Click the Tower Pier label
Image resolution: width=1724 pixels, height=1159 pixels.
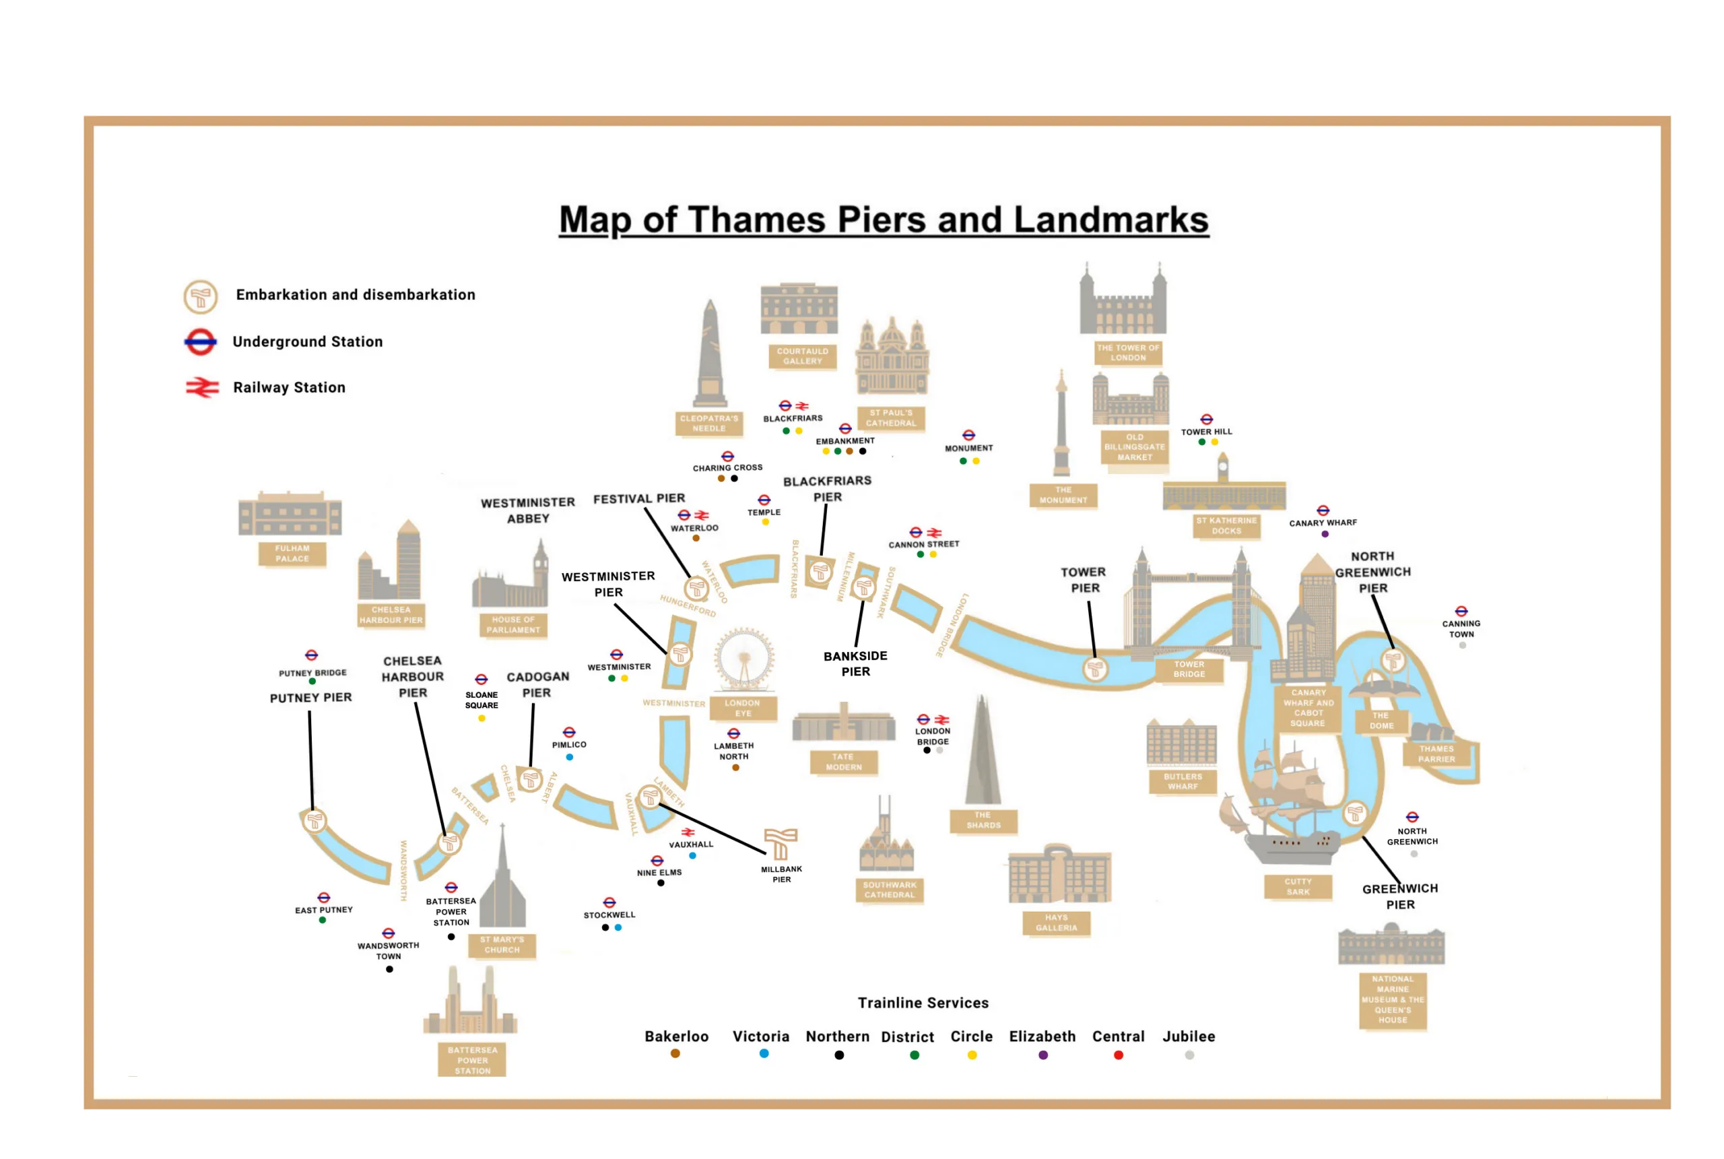click(x=1084, y=579)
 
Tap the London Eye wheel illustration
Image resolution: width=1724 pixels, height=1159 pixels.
click(x=743, y=658)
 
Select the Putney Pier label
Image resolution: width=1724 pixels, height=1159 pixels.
click(x=310, y=698)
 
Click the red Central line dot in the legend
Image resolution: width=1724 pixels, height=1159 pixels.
click(x=1118, y=1055)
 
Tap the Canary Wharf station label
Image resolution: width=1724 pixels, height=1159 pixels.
click(x=1323, y=523)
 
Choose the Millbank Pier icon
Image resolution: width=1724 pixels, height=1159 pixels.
click(x=781, y=843)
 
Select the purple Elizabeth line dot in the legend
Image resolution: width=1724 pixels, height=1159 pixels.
click(x=1042, y=1055)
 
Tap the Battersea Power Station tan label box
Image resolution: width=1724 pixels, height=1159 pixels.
click(x=472, y=1060)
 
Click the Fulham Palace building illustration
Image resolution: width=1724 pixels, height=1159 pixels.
click(x=290, y=514)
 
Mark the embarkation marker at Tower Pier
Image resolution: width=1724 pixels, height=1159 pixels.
click(x=1094, y=669)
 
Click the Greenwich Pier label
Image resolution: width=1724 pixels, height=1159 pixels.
click(x=1399, y=896)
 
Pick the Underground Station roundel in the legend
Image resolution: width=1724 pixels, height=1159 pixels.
click(x=200, y=341)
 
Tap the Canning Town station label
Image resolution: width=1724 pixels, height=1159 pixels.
click(x=1461, y=628)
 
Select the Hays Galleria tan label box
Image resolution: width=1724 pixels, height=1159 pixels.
click(x=1056, y=923)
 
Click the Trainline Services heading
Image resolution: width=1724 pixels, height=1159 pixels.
click(x=922, y=1003)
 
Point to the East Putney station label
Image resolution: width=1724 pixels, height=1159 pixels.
click(x=324, y=910)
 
